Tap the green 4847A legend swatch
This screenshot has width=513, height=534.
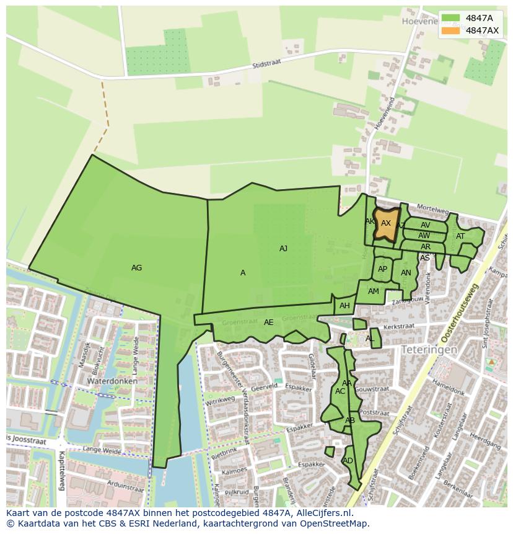(450, 18)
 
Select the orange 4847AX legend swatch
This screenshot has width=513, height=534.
(450, 30)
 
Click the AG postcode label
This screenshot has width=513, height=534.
(137, 268)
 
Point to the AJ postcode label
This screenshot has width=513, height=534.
(283, 249)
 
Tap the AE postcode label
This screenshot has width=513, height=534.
(268, 323)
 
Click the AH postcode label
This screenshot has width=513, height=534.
(344, 306)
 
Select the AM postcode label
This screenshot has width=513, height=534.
(373, 291)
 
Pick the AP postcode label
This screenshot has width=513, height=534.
(382, 269)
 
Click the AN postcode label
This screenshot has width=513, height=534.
(406, 273)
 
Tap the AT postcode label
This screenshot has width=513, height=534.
(460, 236)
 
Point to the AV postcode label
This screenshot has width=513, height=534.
(425, 225)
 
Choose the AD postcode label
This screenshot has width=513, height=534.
(348, 461)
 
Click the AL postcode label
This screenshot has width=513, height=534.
(370, 339)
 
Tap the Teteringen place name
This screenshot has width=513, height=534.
(429, 350)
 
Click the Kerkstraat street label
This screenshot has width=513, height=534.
(398, 326)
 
